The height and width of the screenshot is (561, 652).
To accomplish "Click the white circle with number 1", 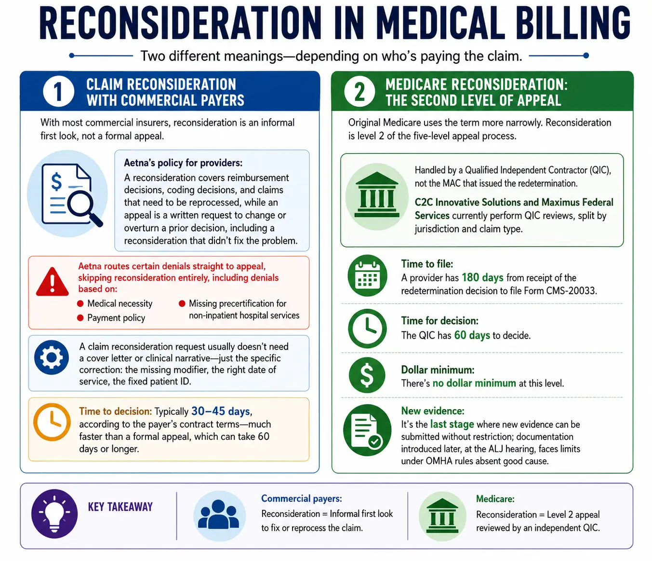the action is tap(58, 91).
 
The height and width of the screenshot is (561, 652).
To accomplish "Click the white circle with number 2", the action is tap(359, 91).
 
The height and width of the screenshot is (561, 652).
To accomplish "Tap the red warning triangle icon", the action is tap(53, 282).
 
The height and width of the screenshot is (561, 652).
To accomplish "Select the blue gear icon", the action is tap(52, 357).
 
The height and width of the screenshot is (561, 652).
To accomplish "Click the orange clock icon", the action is tap(52, 422).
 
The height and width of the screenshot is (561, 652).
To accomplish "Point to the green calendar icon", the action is tap(367, 275).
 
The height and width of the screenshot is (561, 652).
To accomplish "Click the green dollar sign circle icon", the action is tap(367, 375).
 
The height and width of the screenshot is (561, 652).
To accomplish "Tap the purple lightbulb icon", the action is tap(54, 514).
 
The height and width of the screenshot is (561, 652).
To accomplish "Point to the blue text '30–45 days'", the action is tap(221, 411).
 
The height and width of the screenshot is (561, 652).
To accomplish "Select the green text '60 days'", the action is tap(472, 335).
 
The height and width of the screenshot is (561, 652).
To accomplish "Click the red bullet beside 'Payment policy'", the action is tap(80, 317).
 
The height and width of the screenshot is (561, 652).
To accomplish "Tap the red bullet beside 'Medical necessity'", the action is tap(80, 303).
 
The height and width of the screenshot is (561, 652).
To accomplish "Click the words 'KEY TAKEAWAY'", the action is tap(120, 506).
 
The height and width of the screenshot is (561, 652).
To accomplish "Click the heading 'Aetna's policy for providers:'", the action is tap(183, 163).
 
